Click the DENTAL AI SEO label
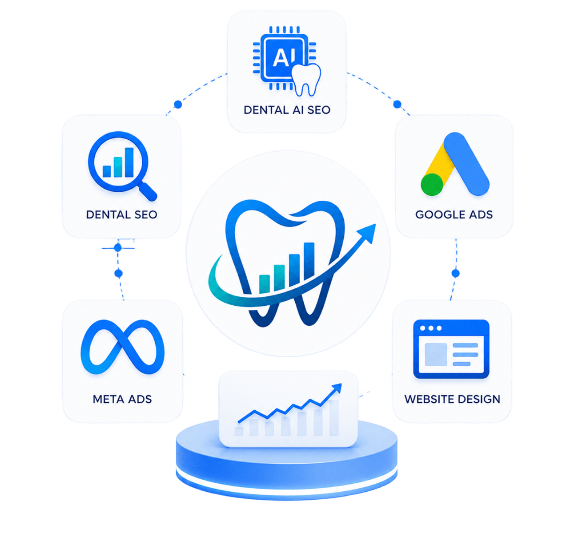pos(287,110)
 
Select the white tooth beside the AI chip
pos(306,80)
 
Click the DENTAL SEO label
pos(122,214)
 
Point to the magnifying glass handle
pos(148,191)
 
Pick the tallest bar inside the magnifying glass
pos(129,162)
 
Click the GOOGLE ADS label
pos(454,214)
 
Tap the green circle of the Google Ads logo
pos(432,185)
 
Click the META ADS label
pos(122,399)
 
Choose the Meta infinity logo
pos(123,347)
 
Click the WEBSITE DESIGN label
pos(452,399)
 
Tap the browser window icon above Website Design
pos(451,349)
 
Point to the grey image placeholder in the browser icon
pos(436,354)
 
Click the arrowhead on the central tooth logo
pos(367,233)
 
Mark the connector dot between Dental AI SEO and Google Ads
pos(397,104)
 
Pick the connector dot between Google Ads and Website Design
pos(455,273)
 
